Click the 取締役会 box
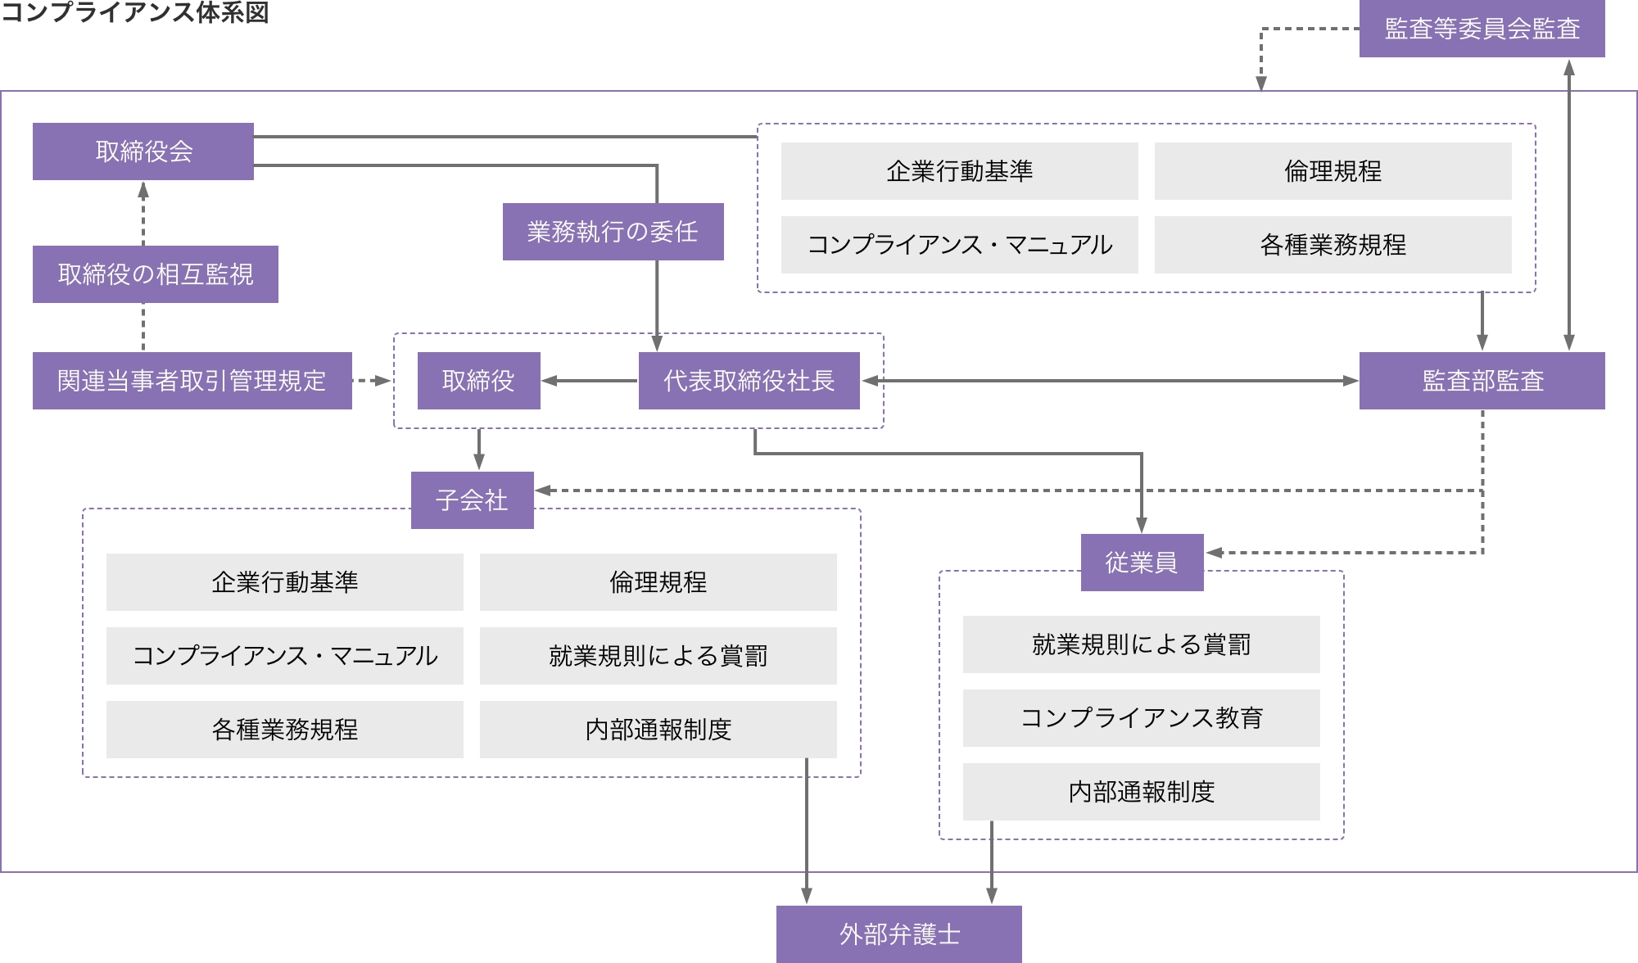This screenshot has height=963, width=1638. [x=143, y=151]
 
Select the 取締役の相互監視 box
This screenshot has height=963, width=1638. [x=156, y=274]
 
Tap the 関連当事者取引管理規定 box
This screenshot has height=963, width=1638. [x=192, y=381]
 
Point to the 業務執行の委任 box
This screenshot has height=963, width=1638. [x=613, y=232]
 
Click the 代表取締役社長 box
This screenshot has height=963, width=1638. [x=749, y=381]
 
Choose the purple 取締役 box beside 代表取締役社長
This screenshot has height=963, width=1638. [x=479, y=381]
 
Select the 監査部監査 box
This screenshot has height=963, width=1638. [x=1482, y=381]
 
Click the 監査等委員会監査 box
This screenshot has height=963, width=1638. [x=1482, y=29]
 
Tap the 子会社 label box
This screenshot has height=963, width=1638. [x=473, y=500]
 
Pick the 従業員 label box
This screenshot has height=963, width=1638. [x=1143, y=563]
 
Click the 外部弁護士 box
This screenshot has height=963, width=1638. [x=899, y=934]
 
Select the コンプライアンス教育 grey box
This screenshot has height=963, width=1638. [x=1142, y=718]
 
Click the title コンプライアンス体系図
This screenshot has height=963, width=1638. [x=135, y=12]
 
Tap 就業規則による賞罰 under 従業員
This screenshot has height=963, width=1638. [x=1142, y=644]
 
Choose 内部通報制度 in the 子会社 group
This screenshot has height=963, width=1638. [x=658, y=730]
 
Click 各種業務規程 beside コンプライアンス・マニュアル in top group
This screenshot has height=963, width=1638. [x=1333, y=245]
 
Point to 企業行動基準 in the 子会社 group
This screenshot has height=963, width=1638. [x=285, y=582]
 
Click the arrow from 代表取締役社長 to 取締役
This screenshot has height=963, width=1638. [x=590, y=381]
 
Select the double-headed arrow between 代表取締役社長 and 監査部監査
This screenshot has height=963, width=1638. [x=1110, y=381]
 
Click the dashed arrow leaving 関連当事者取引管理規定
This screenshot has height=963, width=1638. [x=372, y=381]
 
